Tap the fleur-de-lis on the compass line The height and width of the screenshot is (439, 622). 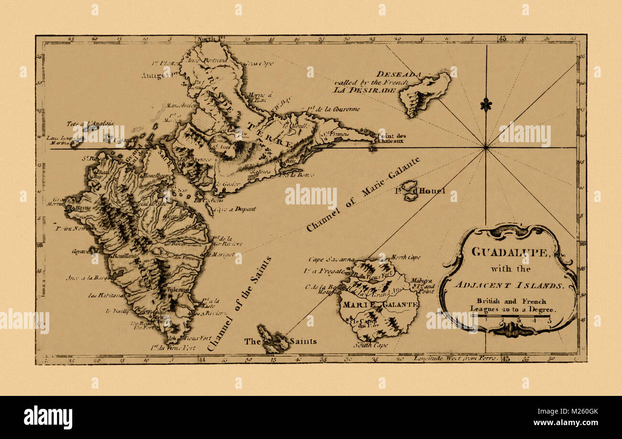tap(486, 105)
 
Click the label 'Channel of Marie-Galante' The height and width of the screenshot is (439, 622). tap(363, 194)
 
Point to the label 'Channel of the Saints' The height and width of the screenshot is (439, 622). tap(239, 304)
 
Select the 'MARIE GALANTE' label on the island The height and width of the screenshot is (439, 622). tap(379, 304)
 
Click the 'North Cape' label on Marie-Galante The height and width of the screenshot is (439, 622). tap(406, 258)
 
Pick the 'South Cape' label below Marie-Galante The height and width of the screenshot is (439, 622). tap(371, 345)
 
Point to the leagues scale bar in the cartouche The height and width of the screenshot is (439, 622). tap(510, 316)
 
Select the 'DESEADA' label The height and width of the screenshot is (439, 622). tap(398, 74)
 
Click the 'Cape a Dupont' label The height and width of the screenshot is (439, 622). tap(235, 209)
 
